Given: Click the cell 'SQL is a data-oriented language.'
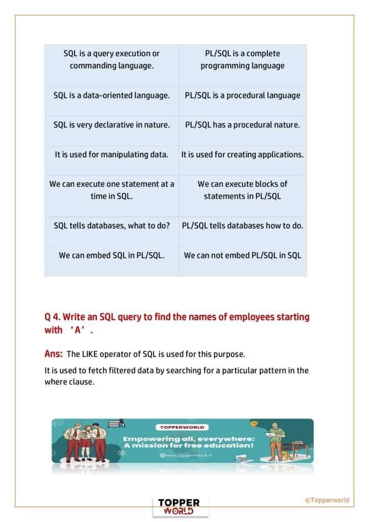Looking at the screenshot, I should [112, 95].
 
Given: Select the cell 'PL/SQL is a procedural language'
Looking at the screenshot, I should [243, 95].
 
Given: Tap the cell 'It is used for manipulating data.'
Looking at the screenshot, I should [112, 154].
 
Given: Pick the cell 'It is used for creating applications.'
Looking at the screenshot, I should [243, 154].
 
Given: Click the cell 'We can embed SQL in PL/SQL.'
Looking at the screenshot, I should [112, 255].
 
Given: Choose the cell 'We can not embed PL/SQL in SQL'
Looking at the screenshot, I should [243, 255].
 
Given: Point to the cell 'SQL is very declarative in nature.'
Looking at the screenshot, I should [112, 125].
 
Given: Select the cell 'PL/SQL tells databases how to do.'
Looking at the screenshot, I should [243, 225].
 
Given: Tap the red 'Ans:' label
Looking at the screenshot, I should [54, 354].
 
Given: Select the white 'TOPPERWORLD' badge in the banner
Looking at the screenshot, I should [182, 427].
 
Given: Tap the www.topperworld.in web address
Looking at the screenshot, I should [187, 455].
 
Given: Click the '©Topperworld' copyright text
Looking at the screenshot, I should [327, 500].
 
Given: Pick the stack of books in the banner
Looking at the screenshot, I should [116, 423].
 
